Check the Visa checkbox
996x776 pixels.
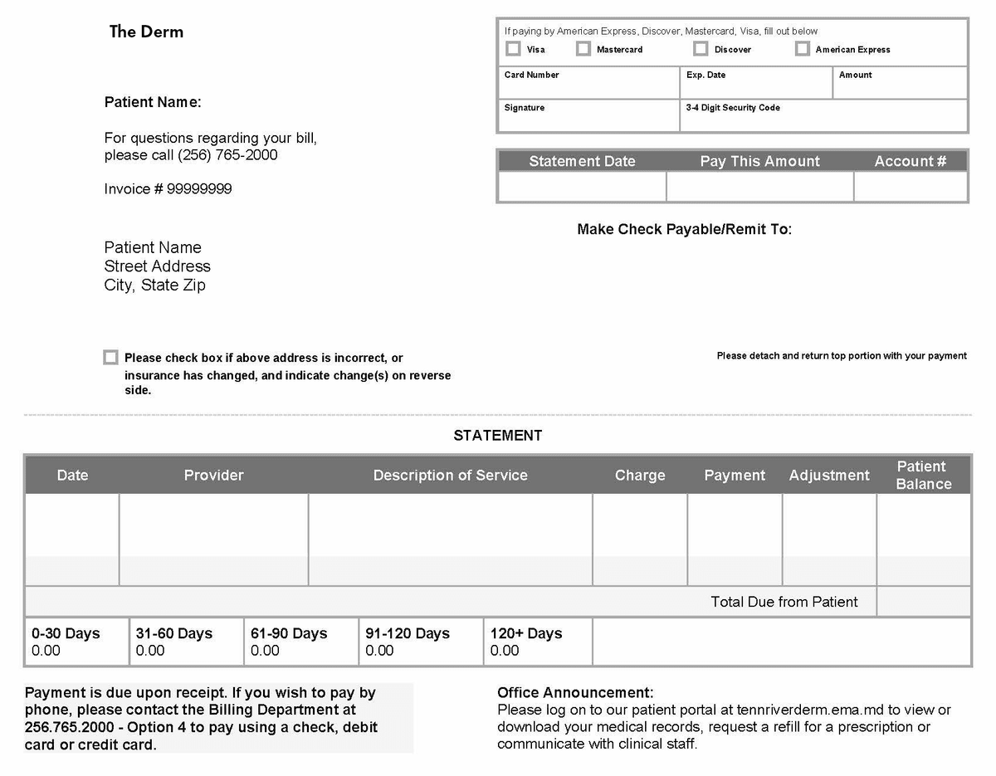tap(513, 49)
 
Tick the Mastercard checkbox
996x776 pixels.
tap(583, 49)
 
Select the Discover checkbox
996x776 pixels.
tap(701, 49)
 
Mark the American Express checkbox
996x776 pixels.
tap(802, 49)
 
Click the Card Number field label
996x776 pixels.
tap(531, 75)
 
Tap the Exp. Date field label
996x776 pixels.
tap(705, 75)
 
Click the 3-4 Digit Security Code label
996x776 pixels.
tap(732, 108)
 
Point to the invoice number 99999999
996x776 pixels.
tap(199, 189)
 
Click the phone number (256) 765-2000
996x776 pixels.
tap(227, 155)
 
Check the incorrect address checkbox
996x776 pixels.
tap(110, 357)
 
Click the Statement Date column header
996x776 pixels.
tap(582, 161)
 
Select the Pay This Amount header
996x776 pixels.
tap(759, 161)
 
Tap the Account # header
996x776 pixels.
tap(910, 161)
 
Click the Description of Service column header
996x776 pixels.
tap(450, 476)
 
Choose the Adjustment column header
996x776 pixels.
tap(829, 476)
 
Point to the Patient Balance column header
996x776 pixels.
tap(923, 476)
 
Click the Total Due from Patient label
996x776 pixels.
tap(784, 602)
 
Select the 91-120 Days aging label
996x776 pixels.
tap(408, 633)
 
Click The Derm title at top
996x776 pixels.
tap(146, 32)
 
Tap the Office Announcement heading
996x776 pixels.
tap(575, 692)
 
